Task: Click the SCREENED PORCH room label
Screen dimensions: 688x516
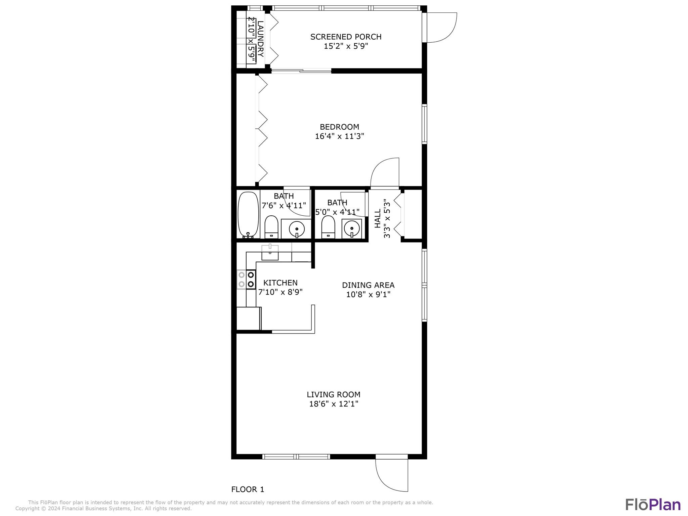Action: click(x=346, y=37)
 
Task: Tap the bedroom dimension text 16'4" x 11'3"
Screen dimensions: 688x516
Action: click(x=339, y=136)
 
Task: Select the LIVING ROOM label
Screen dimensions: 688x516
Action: click(x=333, y=394)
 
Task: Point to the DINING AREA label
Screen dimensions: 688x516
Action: click(x=368, y=285)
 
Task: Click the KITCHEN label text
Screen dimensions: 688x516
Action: click(x=280, y=283)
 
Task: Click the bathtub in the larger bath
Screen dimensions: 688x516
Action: click(x=248, y=215)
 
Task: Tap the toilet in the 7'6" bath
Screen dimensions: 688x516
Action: click(x=271, y=227)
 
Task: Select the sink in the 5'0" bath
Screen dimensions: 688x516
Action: click(x=352, y=228)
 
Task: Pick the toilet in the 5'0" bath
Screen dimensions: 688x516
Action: click(x=328, y=227)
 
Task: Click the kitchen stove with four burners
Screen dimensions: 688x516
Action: click(x=246, y=279)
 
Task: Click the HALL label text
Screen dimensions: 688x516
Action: click(x=378, y=218)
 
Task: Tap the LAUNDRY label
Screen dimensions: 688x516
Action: click(x=260, y=39)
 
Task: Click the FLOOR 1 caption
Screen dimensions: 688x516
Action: click(x=248, y=489)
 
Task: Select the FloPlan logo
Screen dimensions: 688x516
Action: click(x=653, y=504)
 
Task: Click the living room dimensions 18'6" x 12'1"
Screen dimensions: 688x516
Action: click(x=334, y=404)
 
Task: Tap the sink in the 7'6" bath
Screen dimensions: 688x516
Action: click(x=296, y=229)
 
